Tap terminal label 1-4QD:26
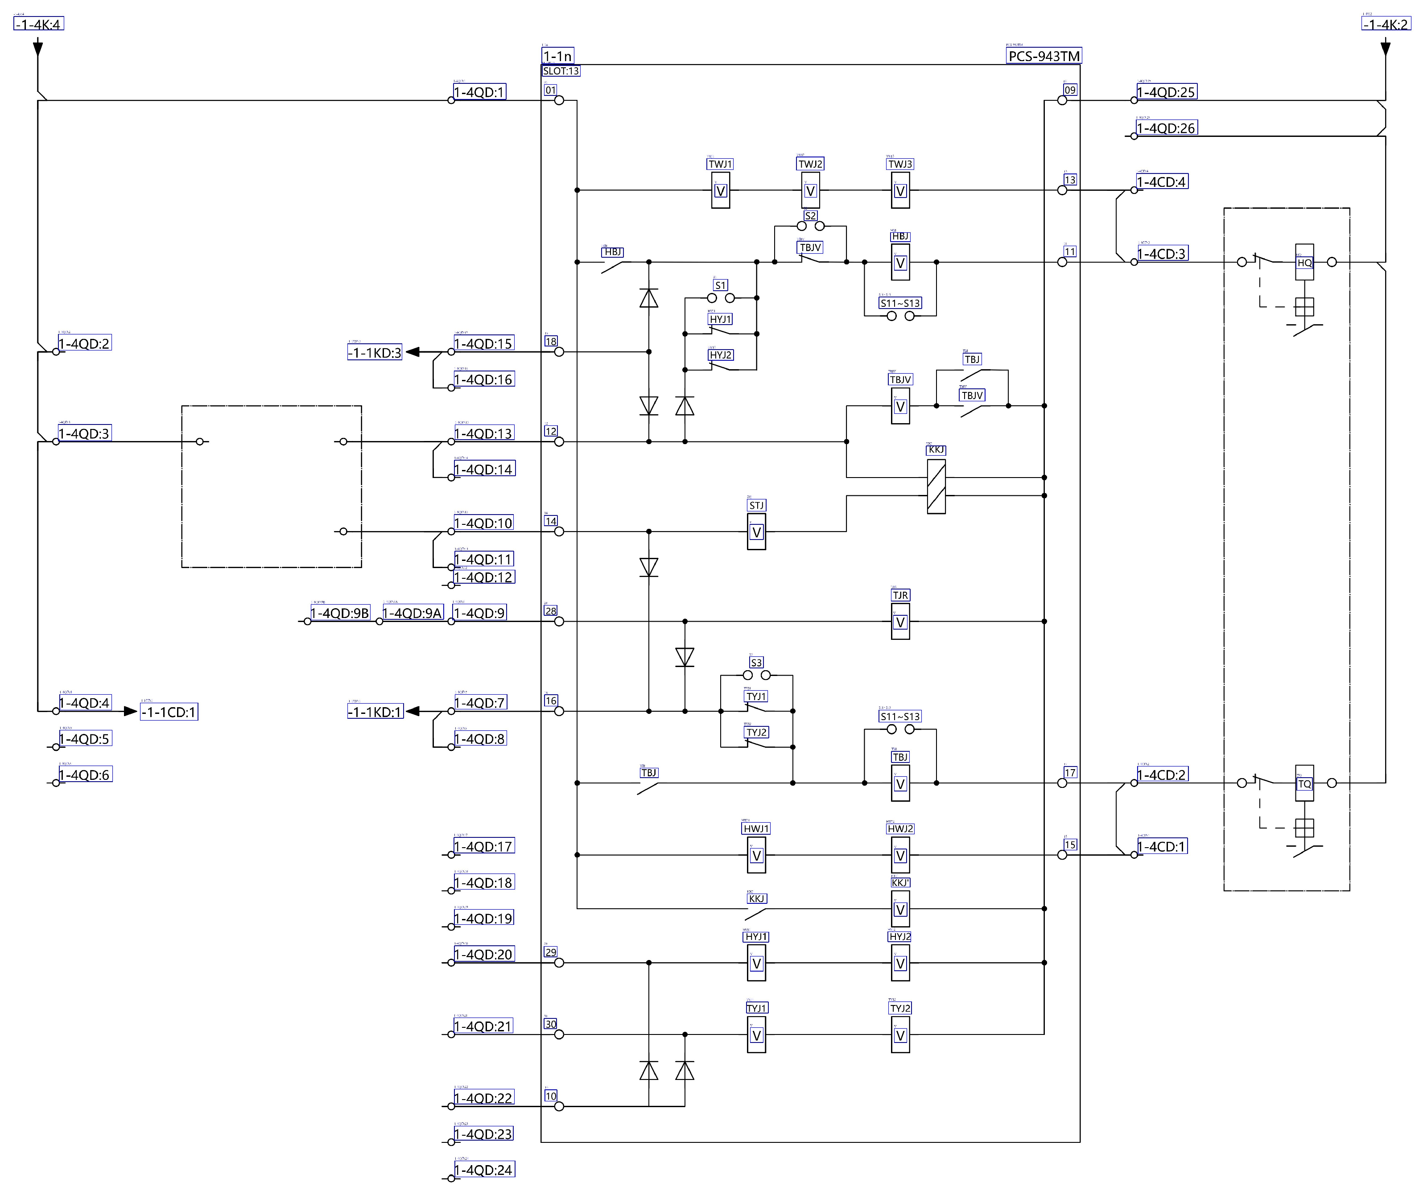[1166, 128]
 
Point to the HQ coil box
[1304, 262]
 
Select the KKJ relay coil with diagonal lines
[936, 486]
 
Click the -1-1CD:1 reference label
[169, 712]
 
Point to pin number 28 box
[551, 611]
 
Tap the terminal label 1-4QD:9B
[340, 613]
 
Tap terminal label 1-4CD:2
[1162, 775]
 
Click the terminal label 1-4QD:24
[483, 1170]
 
